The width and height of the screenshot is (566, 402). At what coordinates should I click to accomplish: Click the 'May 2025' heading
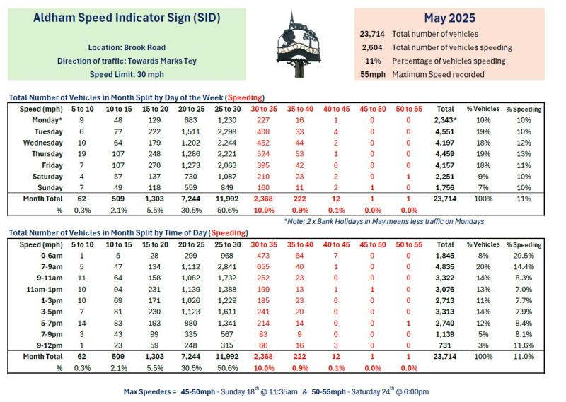[x=449, y=18]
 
